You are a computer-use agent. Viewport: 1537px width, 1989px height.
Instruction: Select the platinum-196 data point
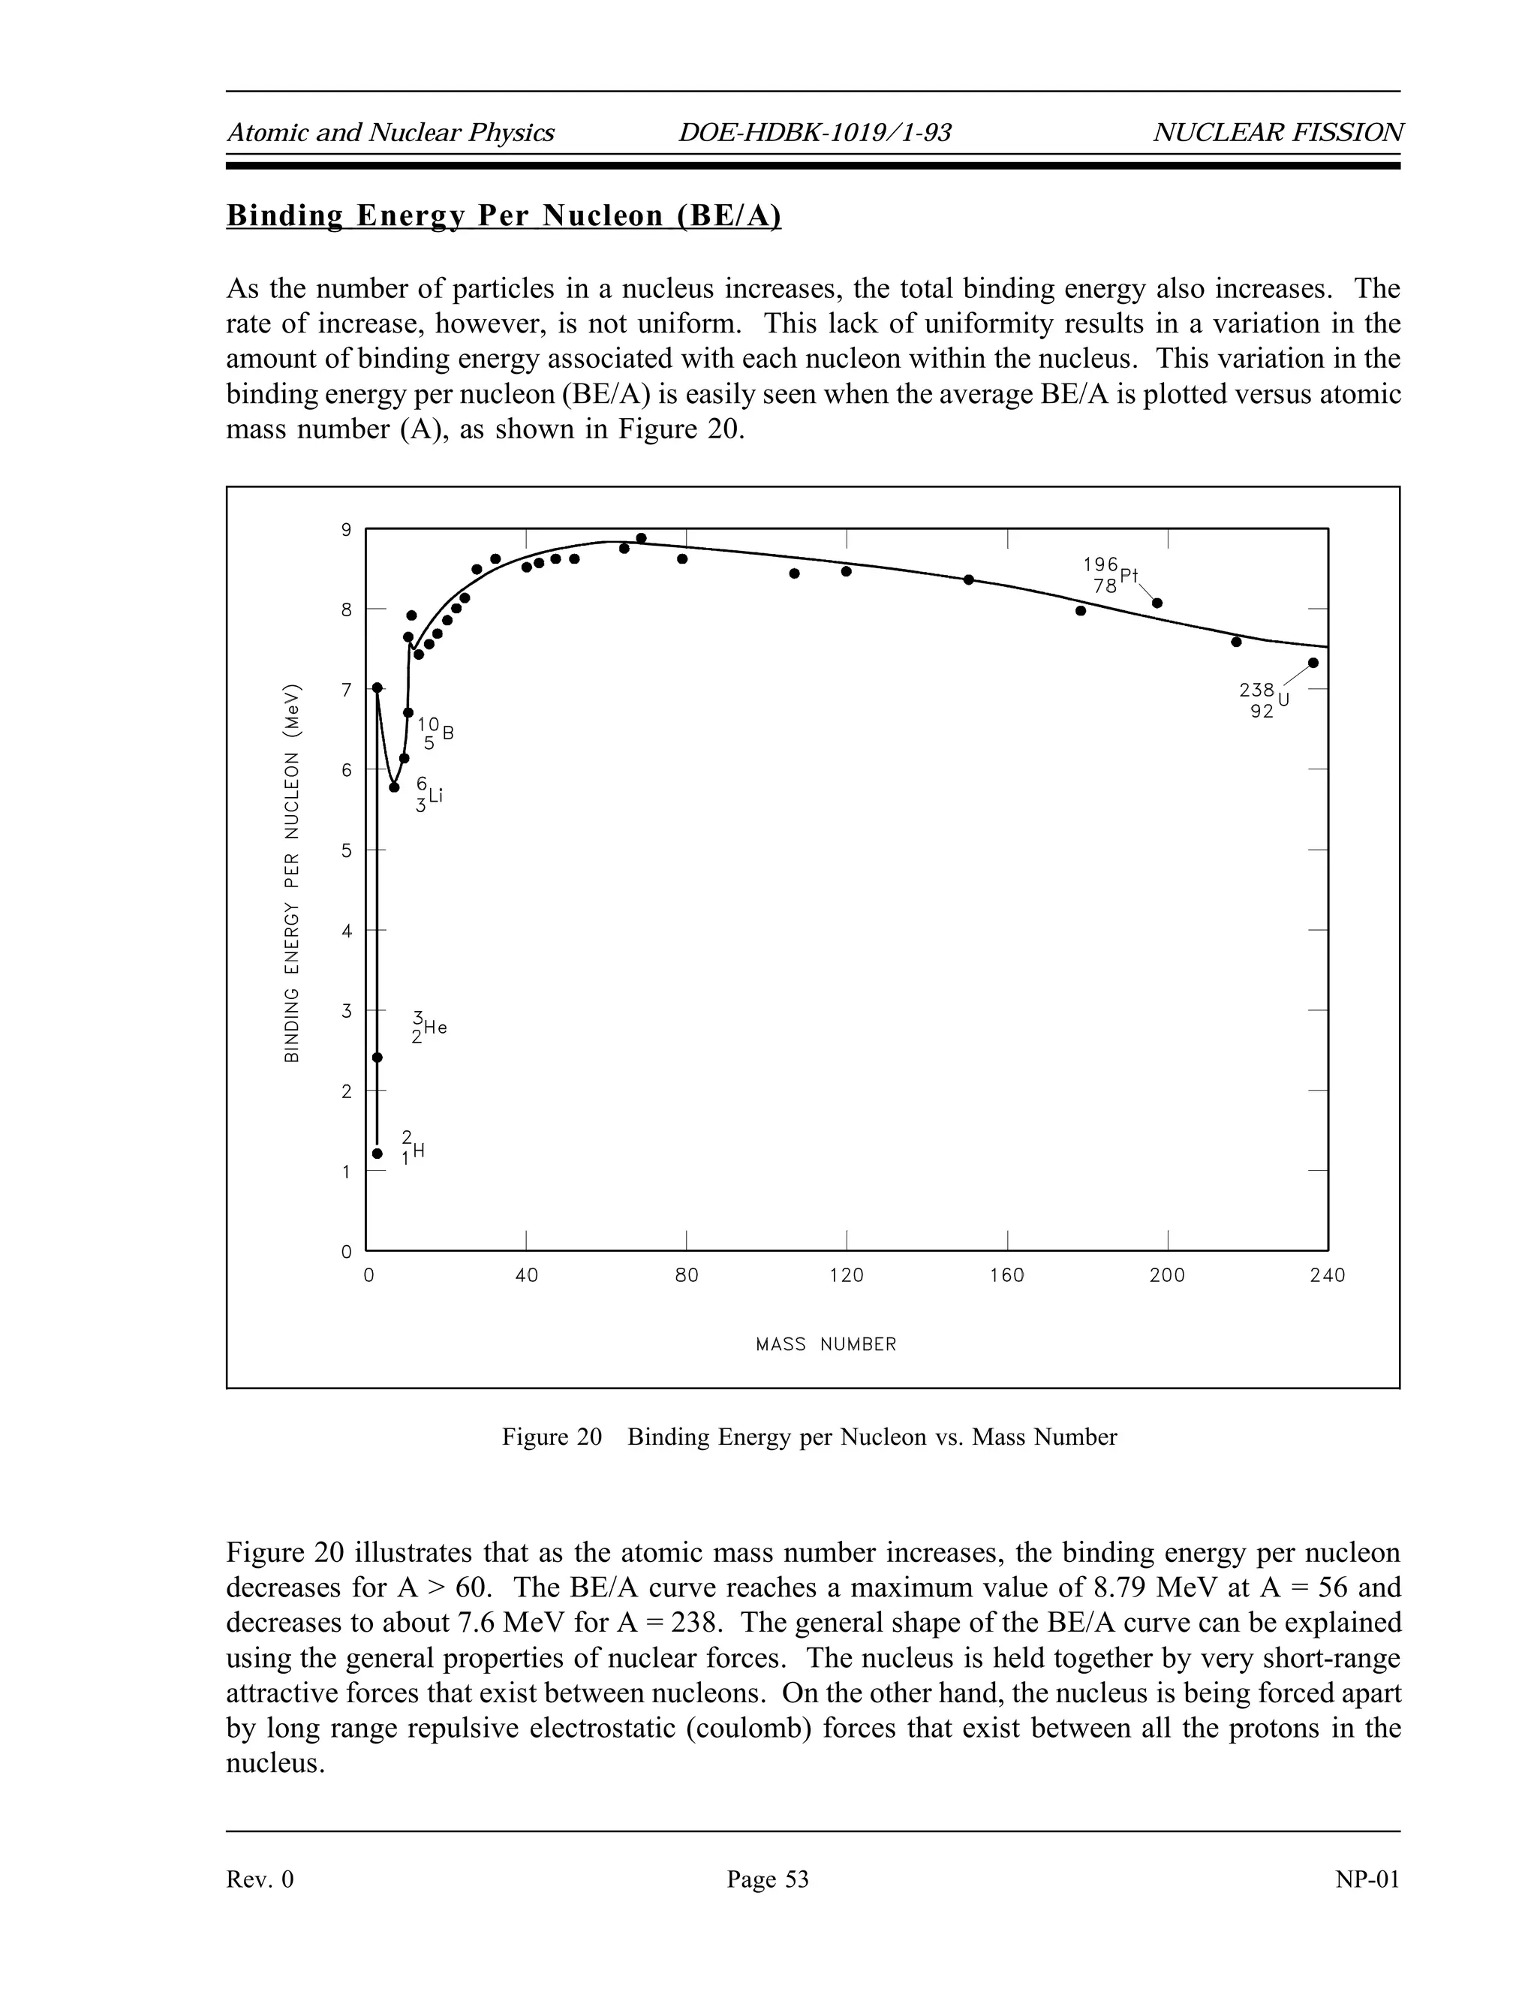point(1157,603)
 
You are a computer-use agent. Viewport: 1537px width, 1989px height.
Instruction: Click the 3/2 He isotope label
point(428,1028)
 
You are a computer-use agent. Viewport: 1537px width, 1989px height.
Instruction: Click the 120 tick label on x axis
point(847,1276)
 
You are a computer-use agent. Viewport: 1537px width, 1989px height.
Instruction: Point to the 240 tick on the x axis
point(1327,1276)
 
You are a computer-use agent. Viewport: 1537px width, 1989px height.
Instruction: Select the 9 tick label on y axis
point(346,530)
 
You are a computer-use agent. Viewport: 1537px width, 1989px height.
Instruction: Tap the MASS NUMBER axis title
point(826,1344)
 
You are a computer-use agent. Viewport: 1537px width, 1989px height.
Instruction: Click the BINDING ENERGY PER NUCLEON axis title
point(291,871)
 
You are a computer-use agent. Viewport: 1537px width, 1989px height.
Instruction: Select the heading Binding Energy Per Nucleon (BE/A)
point(504,216)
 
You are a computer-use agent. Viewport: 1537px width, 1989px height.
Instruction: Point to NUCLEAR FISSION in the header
point(1277,133)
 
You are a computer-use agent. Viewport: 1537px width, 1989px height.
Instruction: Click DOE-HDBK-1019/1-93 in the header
point(814,133)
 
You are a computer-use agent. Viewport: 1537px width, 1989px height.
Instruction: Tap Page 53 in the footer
point(768,1879)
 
